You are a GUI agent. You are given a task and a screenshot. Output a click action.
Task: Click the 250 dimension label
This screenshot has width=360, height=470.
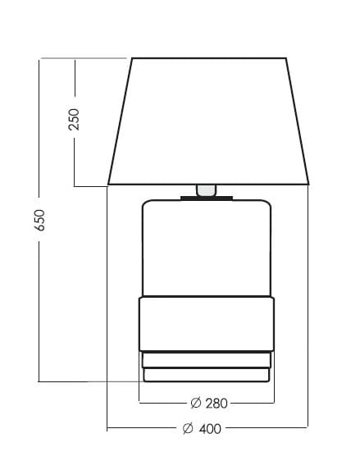74,119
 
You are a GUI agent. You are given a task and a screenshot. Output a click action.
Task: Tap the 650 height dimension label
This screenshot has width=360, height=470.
39,221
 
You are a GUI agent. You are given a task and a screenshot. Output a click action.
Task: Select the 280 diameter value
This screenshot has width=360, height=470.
216,404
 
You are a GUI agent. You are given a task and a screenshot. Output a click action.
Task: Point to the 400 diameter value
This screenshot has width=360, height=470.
210,429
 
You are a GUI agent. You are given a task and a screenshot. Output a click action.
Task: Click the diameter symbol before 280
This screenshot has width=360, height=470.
196,403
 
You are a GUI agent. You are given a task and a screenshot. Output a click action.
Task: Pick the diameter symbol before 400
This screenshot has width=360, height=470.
188,428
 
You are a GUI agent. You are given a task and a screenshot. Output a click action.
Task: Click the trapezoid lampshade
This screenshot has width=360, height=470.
208,121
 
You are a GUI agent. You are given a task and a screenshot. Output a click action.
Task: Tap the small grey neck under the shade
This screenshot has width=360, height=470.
206,190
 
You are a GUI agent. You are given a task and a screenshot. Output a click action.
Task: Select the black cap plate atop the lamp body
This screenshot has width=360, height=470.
207,198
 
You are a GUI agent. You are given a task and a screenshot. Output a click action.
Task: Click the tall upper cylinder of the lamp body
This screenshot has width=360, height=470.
207,248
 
